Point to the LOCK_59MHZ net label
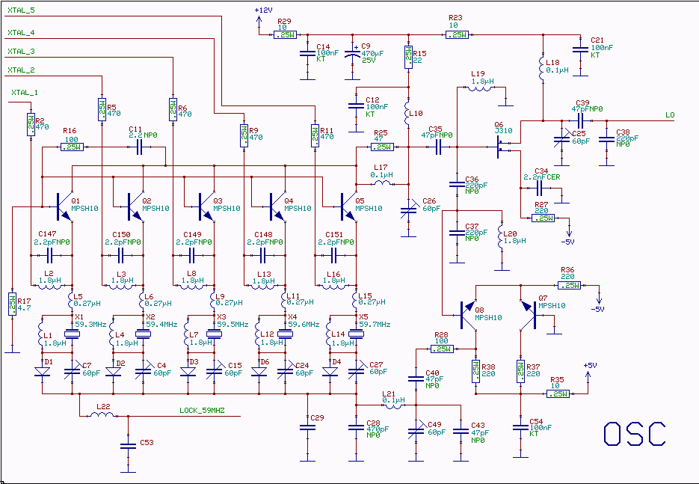tap(202, 411)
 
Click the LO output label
tap(670, 114)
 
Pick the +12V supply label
tap(264, 10)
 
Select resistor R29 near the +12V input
tap(285, 34)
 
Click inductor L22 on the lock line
tap(103, 414)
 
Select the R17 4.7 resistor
tap(13, 303)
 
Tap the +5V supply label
tap(590, 365)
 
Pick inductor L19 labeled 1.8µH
tap(481, 88)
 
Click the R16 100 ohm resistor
tap(72, 147)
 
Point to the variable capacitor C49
tap(417, 432)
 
